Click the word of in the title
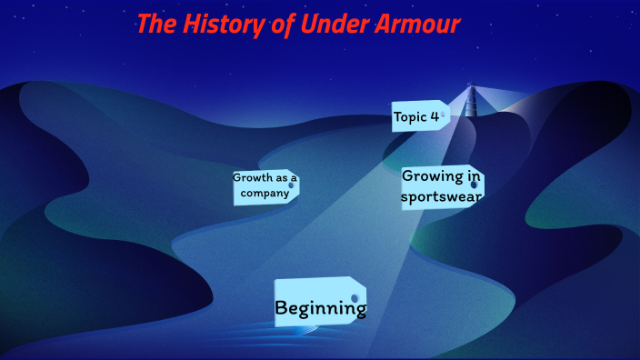(x=281, y=25)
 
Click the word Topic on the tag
(x=410, y=116)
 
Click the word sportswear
(x=442, y=195)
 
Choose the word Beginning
(x=320, y=309)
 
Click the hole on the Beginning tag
(x=355, y=298)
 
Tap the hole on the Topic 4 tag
(x=445, y=115)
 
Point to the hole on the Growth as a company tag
(x=291, y=185)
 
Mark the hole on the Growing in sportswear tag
(x=474, y=185)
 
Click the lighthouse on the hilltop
(x=471, y=100)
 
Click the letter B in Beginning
(x=282, y=309)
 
